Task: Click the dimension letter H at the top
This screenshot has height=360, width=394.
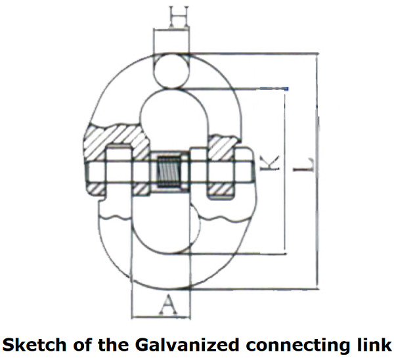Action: tap(171, 15)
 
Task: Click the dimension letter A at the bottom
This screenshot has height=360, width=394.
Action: tap(169, 304)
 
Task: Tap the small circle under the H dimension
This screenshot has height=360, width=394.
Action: tap(171, 70)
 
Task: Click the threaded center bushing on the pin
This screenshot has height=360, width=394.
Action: tap(169, 173)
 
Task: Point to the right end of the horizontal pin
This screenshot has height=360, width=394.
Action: tap(251, 172)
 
